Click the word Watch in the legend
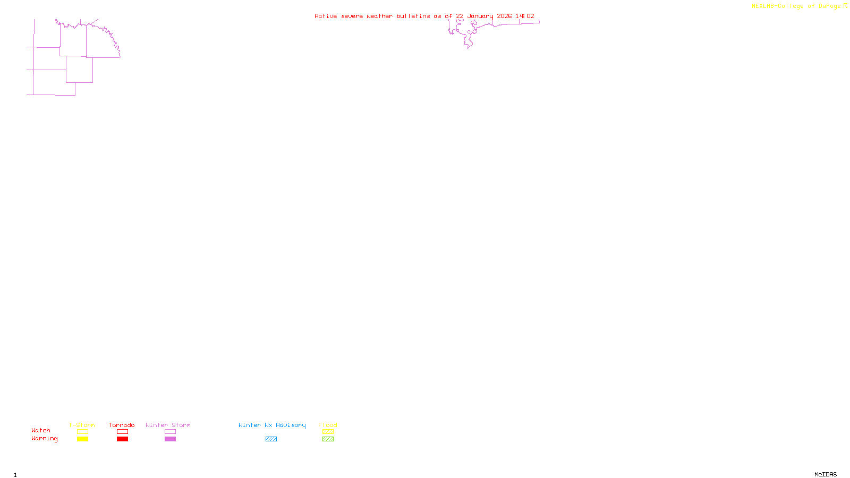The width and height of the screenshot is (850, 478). (x=41, y=430)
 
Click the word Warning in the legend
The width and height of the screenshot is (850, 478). (x=44, y=439)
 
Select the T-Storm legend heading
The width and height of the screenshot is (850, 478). (x=82, y=425)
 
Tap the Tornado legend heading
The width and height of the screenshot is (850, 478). (x=122, y=425)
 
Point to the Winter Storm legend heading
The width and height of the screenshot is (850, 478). (x=168, y=425)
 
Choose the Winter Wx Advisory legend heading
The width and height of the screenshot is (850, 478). (x=272, y=425)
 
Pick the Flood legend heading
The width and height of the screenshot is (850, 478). (x=328, y=425)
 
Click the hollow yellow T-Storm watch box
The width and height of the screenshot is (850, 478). (x=82, y=432)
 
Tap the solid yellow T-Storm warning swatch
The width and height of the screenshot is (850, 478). (x=82, y=439)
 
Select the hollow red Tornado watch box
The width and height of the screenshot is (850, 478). (x=122, y=432)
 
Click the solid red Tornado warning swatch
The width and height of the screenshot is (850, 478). (x=122, y=439)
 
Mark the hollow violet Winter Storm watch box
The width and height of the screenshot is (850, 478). (x=170, y=432)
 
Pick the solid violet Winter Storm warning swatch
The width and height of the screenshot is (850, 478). (x=170, y=439)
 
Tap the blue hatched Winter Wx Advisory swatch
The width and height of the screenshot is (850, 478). (x=271, y=439)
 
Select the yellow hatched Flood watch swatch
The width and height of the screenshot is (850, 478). (x=328, y=432)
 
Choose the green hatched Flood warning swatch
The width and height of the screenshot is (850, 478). (x=328, y=439)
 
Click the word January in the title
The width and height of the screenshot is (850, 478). (x=480, y=16)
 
